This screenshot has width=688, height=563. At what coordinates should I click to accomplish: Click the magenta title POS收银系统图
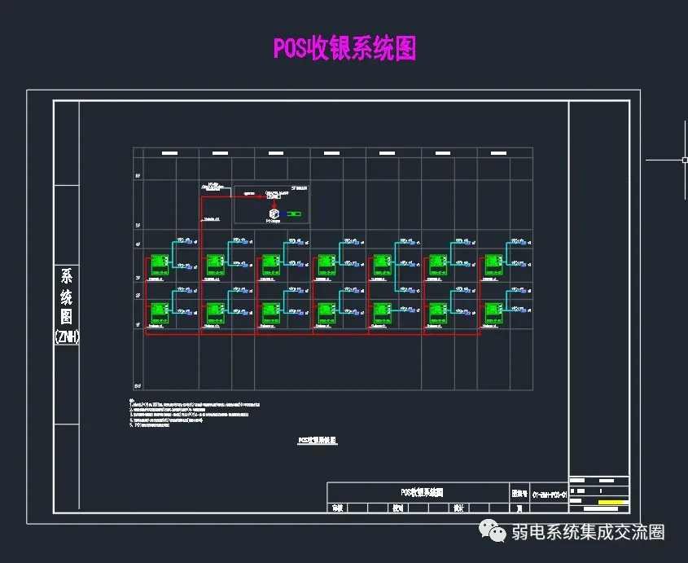pos(344,48)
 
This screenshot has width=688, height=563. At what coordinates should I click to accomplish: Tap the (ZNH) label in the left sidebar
pos(67,336)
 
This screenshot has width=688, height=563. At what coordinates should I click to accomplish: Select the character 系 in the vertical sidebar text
pos(67,276)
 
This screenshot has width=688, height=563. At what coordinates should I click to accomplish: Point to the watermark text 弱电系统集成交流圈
pos(588,532)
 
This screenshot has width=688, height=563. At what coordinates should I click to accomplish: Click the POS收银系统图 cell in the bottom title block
pos(421,492)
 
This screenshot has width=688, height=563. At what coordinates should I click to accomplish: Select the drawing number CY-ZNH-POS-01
pos(550,493)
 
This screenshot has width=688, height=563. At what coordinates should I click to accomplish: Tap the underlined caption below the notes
pos(317,440)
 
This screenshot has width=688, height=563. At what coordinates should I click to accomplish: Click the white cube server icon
pos(274,214)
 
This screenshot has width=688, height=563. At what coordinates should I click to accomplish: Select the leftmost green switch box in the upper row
pos(158,264)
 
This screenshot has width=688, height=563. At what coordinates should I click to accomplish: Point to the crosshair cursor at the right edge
pos(685,161)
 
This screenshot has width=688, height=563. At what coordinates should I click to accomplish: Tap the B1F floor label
pos(138,385)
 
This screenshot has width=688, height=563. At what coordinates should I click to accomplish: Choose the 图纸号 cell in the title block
pos(519,493)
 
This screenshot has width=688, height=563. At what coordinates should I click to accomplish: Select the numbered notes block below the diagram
pos(195,413)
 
